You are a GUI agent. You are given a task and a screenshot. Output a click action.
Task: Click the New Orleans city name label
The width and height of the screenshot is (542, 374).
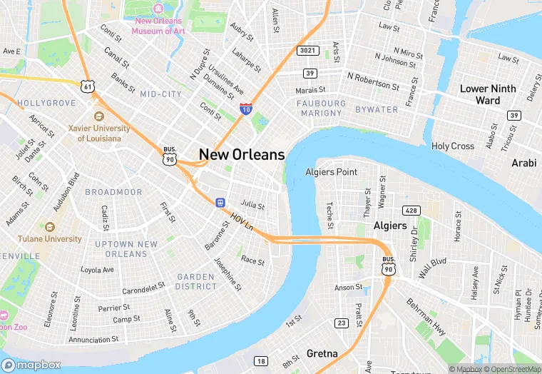(x=242, y=154)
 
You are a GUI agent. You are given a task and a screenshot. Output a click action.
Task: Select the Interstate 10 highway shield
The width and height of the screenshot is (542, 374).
(x=245, y=109)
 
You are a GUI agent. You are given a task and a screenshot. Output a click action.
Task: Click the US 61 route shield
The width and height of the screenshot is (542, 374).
(x=88, y=86)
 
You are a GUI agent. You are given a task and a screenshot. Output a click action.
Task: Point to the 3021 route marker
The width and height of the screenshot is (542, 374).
(x=307, y=50)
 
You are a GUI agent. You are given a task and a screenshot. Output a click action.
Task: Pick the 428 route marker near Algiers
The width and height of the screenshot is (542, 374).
(x=411, y=211)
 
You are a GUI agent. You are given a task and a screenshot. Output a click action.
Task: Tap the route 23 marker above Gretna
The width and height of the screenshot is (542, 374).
(x=342, y=323)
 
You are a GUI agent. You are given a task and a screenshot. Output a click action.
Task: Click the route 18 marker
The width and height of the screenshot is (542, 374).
(x=262, y=361)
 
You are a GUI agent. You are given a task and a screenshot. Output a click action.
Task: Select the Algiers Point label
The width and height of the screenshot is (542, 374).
(x=331, y=172)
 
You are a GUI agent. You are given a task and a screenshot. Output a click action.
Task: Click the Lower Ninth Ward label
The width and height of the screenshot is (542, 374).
(x=489, y=94)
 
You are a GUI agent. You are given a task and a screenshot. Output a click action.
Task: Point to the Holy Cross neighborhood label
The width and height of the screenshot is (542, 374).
(x=453, y=146)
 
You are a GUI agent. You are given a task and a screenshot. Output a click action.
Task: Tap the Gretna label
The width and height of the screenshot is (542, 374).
(x=322, y=353)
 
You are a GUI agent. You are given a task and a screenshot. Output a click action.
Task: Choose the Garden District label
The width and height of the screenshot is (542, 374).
(x=195, y=281)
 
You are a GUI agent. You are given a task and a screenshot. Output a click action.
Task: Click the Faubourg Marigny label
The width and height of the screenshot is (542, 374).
(x=321, y=108)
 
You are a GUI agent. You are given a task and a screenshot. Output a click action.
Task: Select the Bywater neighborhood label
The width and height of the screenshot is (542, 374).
(x=377, y=109)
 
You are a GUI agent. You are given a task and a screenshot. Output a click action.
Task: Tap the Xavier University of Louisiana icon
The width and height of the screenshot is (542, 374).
(x=98, y=116)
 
